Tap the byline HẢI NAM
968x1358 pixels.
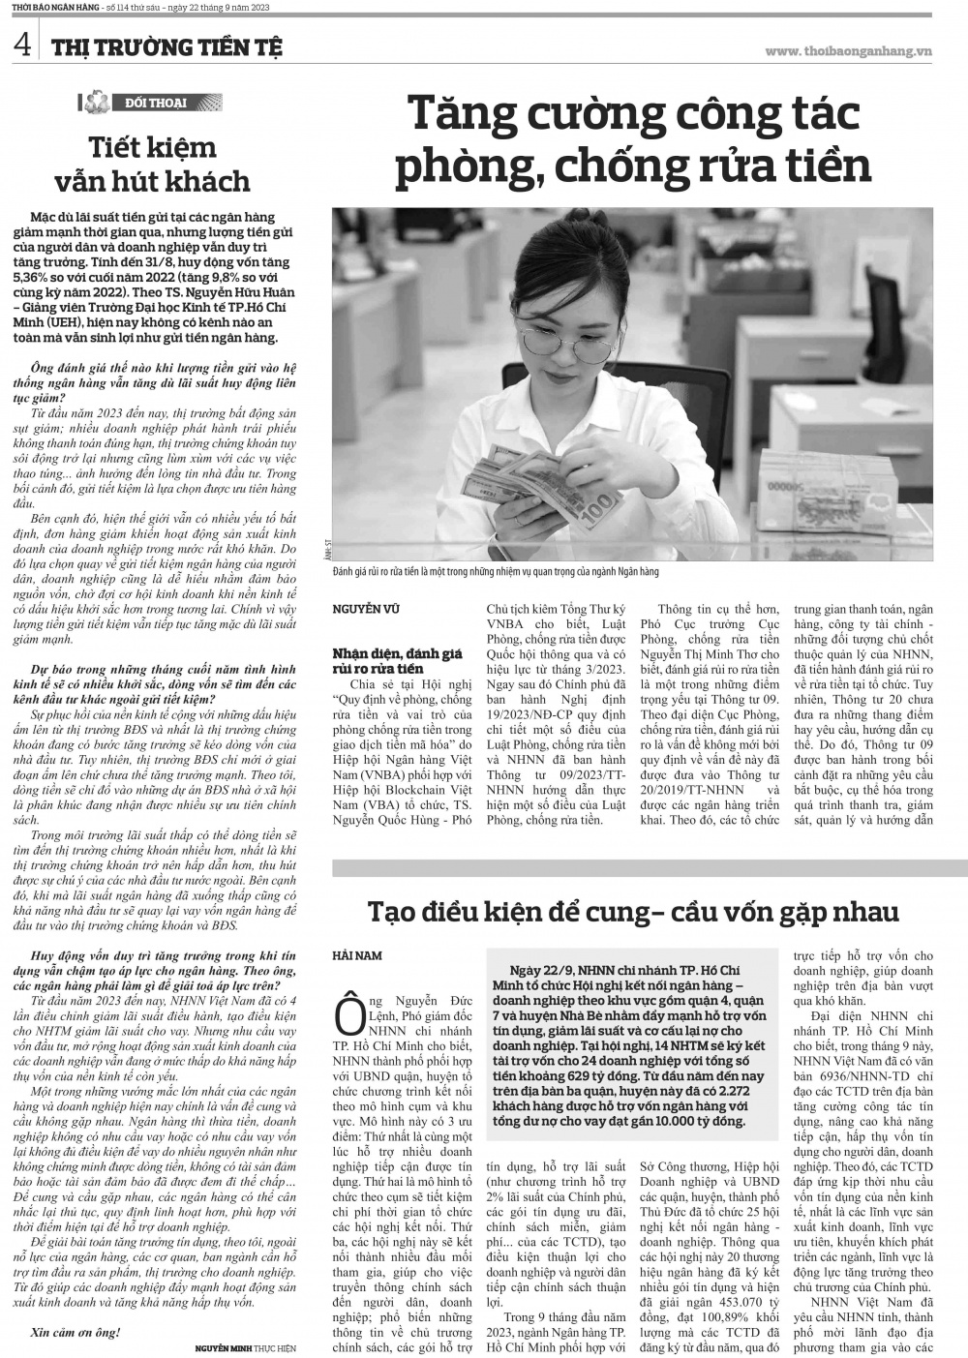tap(356, 955)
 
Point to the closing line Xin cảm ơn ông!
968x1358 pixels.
tap(76, 1331)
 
